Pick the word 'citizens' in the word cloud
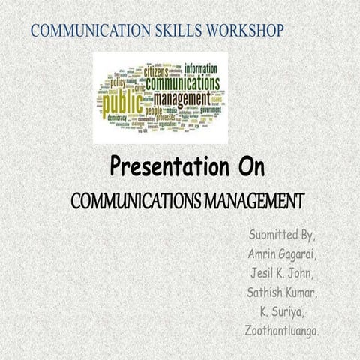151,73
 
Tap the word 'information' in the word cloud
202,67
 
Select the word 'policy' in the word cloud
118,83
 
